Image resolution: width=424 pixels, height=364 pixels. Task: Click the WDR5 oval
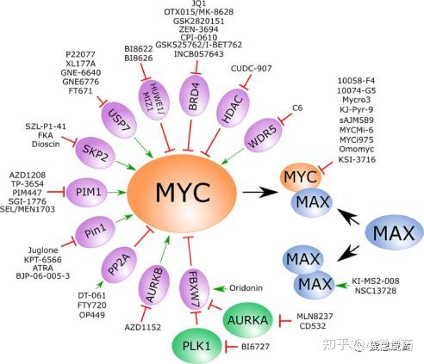pos(267,133)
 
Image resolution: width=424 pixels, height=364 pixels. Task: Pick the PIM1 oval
pos(87,189)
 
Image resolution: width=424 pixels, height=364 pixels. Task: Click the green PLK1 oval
pos(197,346)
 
